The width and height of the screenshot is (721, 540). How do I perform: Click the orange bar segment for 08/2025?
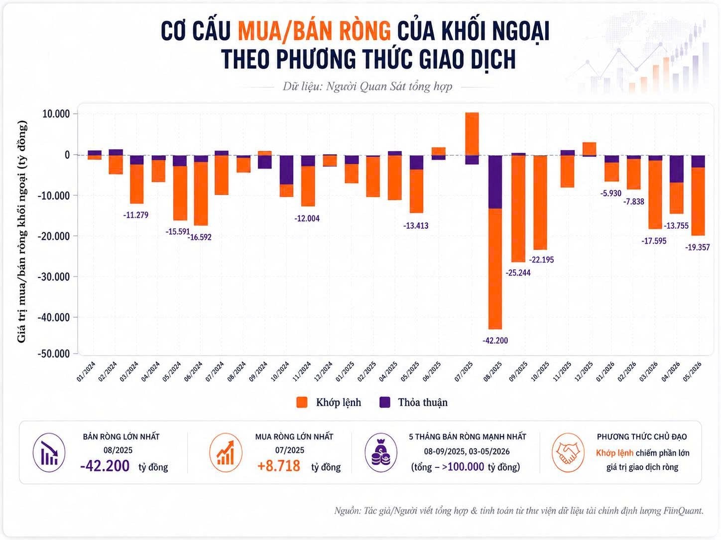click(495, 269)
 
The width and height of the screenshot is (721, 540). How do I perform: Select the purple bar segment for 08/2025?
click(495, 181)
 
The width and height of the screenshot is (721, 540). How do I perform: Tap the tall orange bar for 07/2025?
click(472, 134)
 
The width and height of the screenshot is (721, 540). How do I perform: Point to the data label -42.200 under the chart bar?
click(495, 340)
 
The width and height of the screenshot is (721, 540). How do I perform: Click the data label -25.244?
click(518, 273)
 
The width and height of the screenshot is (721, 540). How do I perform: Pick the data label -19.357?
click(698, 247)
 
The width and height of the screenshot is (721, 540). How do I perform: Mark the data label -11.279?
click(135, 215)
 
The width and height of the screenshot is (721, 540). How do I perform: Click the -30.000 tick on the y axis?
click(54, 277)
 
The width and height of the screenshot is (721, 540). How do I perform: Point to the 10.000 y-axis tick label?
click(56, 114)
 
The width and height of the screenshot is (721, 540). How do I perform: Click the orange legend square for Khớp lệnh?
click(302, 402)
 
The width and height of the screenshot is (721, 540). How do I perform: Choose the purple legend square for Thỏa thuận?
click(384, 402)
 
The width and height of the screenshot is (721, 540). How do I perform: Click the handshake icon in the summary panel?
click(568, 453)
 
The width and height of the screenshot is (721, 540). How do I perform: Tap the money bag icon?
click(381, 453)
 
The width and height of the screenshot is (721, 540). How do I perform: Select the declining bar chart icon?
click(49, 453)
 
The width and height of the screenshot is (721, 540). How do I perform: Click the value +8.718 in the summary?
click(279, 466)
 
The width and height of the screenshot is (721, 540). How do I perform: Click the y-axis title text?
click(22, 232)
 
